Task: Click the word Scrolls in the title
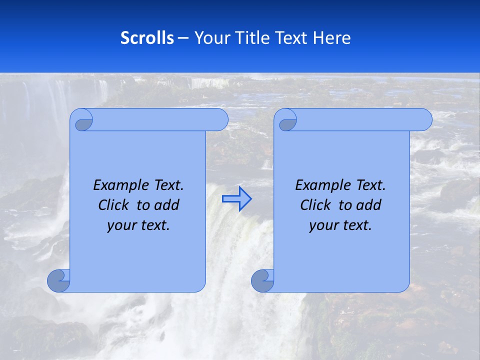point(147,38)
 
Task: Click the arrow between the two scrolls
point(236,199)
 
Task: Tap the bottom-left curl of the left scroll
point(59,280)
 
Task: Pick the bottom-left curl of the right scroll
point(262,280)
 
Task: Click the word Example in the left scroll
point(119,185)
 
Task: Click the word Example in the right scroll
point(321,185)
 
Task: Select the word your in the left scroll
point(122,225)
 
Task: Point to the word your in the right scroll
point(324,225)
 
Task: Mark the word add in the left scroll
point(167,205)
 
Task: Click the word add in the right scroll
point(369,205)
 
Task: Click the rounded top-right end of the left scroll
point(220,120)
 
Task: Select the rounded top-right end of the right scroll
point(424,120)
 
